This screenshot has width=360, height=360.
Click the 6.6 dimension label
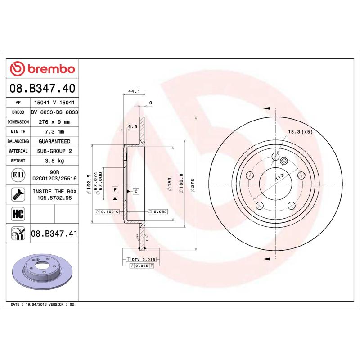133,127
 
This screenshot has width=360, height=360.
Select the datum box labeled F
115,190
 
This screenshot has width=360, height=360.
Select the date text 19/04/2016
38,305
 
